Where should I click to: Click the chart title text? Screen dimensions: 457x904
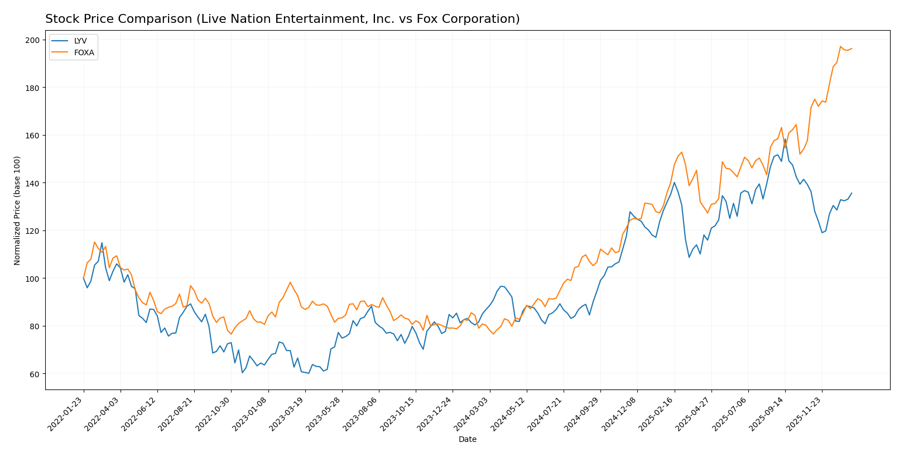click(x=282, y=19)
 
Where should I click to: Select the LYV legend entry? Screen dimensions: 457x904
click(x=80, y=41)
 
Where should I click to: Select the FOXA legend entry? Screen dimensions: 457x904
click(x=84, y=53)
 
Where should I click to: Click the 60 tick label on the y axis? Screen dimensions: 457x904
click(x=34, y=374)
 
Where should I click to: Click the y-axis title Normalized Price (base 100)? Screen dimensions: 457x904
click(x=17, y=210)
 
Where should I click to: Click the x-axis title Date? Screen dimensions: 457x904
click(x=467, y=440)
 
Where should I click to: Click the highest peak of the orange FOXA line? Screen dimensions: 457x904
click(x=841, y=46)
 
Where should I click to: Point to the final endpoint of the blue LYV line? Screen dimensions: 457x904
click(x=852, y=193)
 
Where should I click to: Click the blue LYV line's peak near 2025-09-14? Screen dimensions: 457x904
click(x=785, y=139)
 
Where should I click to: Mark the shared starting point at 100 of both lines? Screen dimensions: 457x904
click(x=84, y=278)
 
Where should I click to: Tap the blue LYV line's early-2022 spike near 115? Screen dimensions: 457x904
click(x=102, y=243)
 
